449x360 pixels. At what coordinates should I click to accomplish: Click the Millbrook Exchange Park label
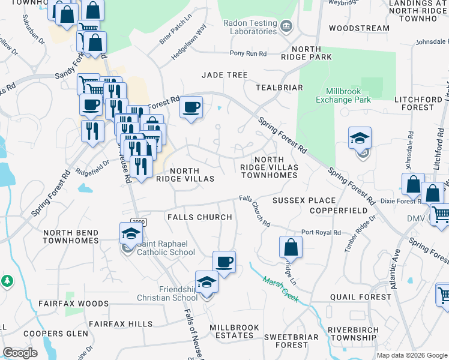[x=343, y=95]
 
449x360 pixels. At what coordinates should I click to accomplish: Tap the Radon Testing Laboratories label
[x=250, y=27]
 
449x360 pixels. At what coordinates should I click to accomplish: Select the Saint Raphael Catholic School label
[x=166, y=248]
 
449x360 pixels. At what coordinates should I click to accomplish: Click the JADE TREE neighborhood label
[x=224, y=75]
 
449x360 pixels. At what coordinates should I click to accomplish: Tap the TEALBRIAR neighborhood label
[x=279, y=87]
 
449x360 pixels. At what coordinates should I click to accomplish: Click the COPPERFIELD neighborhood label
[x=339, y=211]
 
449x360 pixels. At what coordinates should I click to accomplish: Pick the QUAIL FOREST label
[x=360, y=297]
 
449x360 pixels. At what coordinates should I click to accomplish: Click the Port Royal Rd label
[x=321, y=232]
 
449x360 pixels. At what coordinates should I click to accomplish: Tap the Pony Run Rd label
[x=248, y=53]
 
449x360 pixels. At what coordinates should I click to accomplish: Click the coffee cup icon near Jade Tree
[x=191, y=107]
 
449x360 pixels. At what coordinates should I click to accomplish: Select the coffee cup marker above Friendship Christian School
[x=224, y=262]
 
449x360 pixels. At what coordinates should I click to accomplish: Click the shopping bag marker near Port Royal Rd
[x=291, y=247]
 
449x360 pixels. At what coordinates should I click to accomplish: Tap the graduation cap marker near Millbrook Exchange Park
[x=360, y=138]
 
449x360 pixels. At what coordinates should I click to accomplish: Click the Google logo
[x=20, y=353]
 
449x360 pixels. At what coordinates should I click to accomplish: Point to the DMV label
[x=415, y=218]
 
